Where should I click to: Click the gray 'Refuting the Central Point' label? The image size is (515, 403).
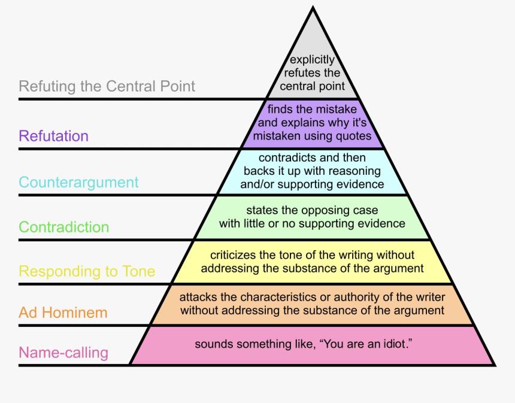click(107, 86)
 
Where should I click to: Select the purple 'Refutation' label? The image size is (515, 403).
click(53, 136)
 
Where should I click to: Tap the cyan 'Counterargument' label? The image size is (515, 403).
click(78, 182)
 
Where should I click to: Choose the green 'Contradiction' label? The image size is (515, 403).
click(63, 227)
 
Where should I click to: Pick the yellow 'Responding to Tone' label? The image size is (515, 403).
click(87, 271)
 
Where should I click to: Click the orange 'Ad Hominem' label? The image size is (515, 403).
click(63, 312)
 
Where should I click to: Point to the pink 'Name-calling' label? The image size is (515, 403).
click(63, 352)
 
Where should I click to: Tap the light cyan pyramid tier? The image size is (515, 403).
click(312, 171)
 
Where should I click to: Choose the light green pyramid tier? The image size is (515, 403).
click(312, 217)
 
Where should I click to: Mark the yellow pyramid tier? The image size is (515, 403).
click(312, 262)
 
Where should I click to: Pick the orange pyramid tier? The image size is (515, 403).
click(312, 304)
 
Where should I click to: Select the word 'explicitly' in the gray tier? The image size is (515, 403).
click(312, 60)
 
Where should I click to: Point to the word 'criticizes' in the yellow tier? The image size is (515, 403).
click(234, 256)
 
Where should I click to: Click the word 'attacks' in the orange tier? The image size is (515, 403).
click(198, 298)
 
